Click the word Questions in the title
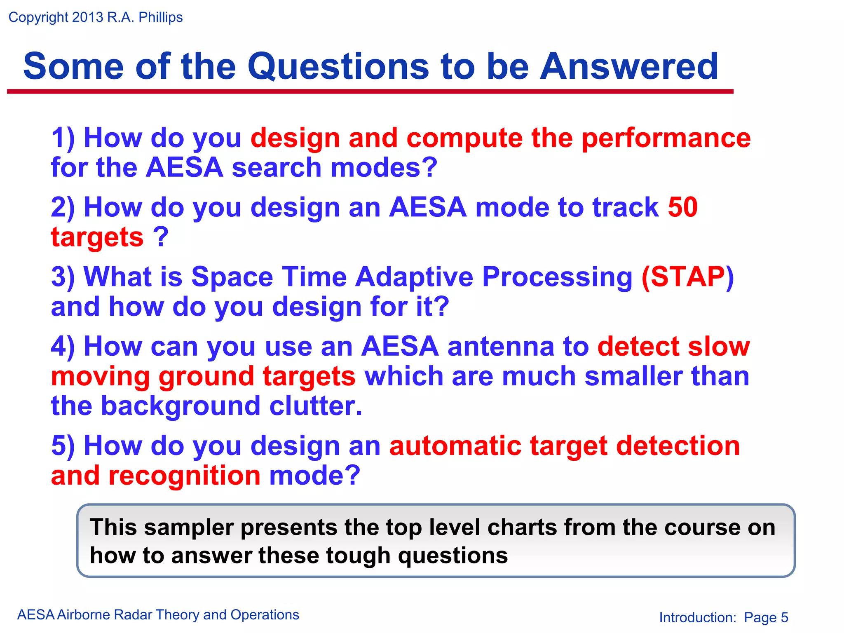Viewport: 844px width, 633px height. point(338,67)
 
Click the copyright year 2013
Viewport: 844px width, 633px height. point(87,17)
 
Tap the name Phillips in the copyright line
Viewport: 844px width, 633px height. point(160,17)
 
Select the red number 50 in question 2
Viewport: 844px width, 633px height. point(682,207)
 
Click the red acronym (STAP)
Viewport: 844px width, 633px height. point(687,277)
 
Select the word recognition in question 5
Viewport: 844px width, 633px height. point(184,476)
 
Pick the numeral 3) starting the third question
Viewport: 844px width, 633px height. point(63,277)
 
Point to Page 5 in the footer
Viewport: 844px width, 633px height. point(766,617)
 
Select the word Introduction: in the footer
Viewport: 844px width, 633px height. point(697,617)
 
